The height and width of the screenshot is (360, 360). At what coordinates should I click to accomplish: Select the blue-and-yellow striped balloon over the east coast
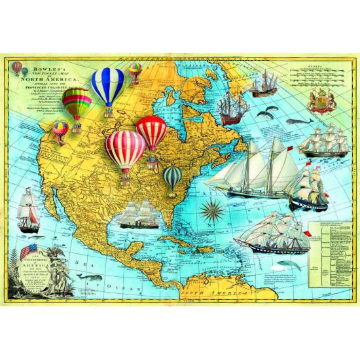click(173, 176)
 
